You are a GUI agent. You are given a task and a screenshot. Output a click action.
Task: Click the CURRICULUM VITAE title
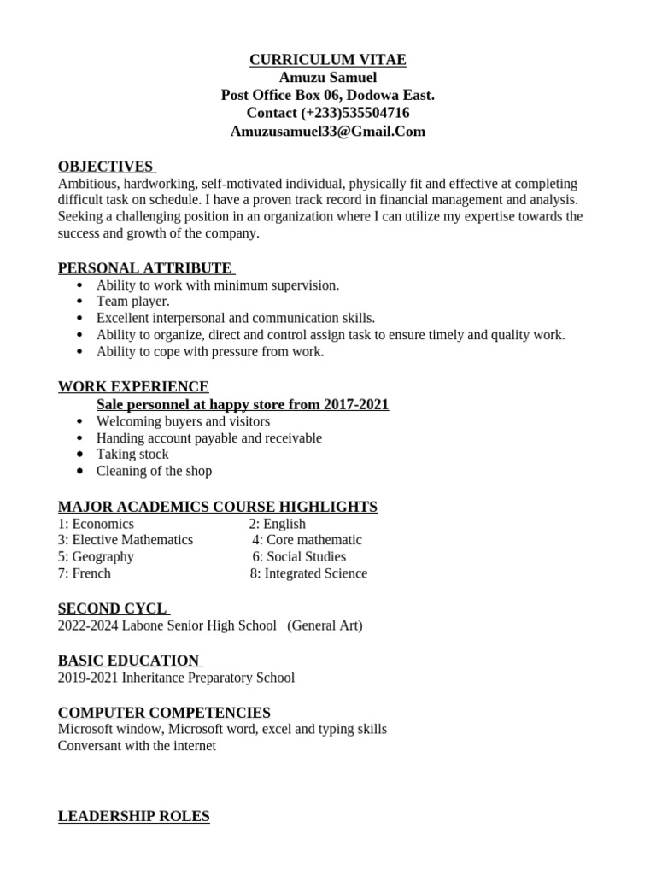click(x=327, y=60)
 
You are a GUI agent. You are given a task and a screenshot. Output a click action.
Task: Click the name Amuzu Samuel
click(x=327, y=78)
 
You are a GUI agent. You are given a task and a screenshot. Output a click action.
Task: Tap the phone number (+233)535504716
click(x=354, y=113)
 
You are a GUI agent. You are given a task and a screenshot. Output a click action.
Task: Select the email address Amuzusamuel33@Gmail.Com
click(x=327, y=132)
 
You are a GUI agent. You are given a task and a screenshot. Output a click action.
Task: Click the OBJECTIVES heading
click(x=106, y=167)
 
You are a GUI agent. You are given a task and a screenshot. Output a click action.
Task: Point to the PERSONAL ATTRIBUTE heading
click(x=144, y=268)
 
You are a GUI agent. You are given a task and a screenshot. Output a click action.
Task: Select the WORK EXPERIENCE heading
click(x=133, y=387)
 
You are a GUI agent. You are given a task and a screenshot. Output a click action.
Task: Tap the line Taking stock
click(x=132, y=455)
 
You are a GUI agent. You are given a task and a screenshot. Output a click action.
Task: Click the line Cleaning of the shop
click(x=154, y=471)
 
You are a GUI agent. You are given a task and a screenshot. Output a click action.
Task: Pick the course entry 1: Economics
click(x=96, y=524)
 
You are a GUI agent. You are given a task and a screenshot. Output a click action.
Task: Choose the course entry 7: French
click(x=85, y=573)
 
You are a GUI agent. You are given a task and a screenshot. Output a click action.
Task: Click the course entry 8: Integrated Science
click(x=308, y=573)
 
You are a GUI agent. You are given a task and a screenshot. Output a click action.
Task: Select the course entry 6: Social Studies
click(x=299, y=556)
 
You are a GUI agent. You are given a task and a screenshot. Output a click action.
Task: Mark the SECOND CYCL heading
click(x=112, y=608)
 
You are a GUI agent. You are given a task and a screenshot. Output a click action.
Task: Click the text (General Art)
click(x=325, y=625)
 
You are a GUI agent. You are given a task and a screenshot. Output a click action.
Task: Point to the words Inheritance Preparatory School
click(x=208, y=678)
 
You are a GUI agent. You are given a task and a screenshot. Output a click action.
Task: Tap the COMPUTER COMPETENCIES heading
click(x=164, y=713)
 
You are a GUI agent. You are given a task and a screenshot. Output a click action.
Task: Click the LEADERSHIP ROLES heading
click(x=133, y=816)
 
